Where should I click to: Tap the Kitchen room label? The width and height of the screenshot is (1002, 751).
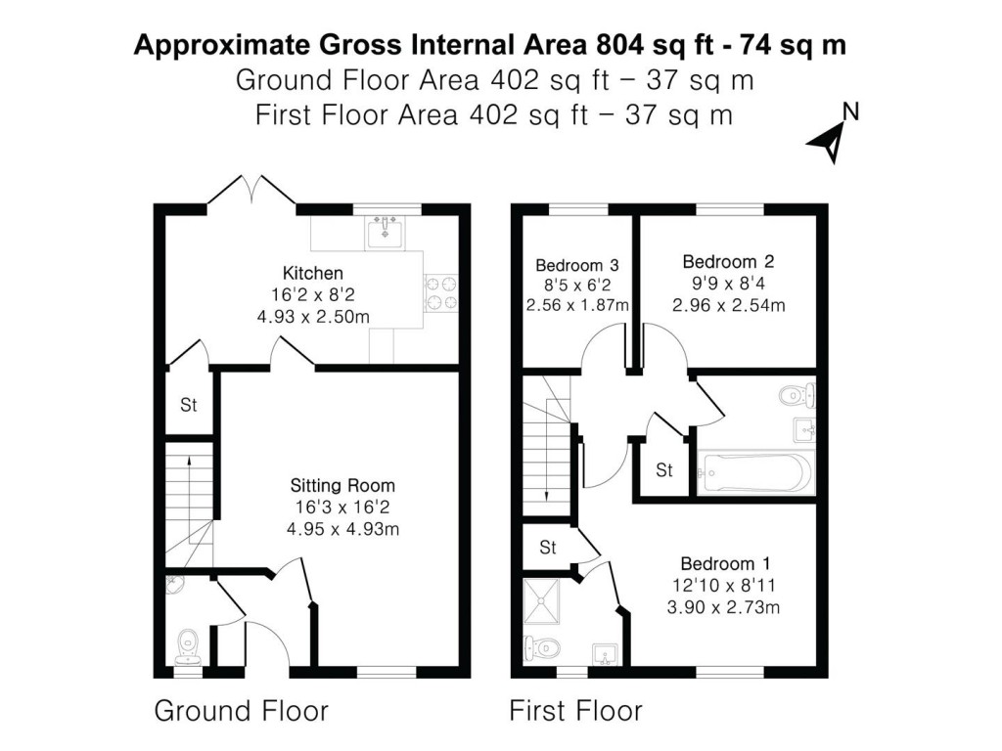(312, 273)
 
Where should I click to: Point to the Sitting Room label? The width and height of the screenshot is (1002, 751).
(342, 485)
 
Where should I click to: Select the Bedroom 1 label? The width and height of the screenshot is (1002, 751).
(725, 563)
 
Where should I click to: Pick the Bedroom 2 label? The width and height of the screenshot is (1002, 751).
(728, 261)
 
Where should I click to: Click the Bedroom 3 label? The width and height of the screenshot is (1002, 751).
(576, 264)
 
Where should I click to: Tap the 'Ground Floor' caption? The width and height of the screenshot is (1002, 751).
(241, 711)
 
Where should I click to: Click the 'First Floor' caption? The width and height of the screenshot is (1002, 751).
(575, 711)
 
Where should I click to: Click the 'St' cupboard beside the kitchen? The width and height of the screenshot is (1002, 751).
(187, 405)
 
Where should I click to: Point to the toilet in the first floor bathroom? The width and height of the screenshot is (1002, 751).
(797, 396)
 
